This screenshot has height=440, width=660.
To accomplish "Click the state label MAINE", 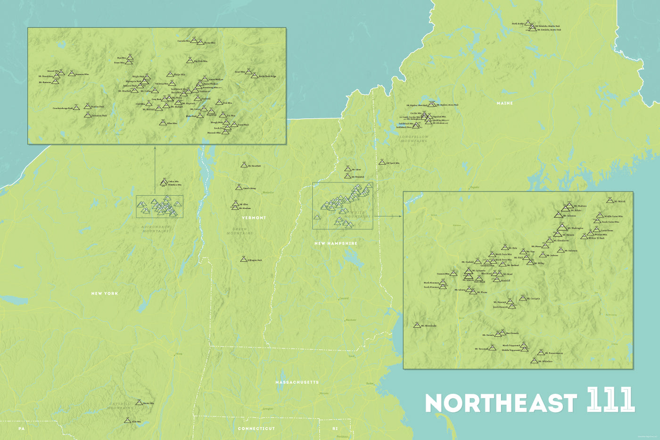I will (504, 103).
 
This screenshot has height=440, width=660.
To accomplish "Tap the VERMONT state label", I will (254, 218).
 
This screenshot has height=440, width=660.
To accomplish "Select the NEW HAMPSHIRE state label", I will (336, 243).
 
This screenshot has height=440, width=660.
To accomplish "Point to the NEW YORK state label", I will (105, 293).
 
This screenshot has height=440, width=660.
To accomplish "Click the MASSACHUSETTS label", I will (297, 382).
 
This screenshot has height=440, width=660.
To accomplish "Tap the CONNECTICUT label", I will (256, 428).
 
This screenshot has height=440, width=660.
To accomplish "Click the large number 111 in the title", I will (610, 400).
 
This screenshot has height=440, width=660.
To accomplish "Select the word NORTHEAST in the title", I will (501, 404).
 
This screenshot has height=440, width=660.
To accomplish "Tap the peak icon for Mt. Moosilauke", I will (417, 325).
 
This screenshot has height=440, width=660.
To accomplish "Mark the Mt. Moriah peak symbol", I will (610, 201).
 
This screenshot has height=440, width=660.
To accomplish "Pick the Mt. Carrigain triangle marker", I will (522, 298).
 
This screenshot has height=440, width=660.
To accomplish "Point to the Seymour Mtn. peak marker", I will (72, 74).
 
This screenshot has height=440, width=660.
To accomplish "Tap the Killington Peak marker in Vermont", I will (243, 259).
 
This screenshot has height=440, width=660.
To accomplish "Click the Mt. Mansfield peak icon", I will (244, 165).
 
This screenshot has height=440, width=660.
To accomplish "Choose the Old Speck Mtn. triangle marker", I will (382, 162).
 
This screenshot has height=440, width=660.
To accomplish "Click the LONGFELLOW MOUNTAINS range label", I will (414, 139).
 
